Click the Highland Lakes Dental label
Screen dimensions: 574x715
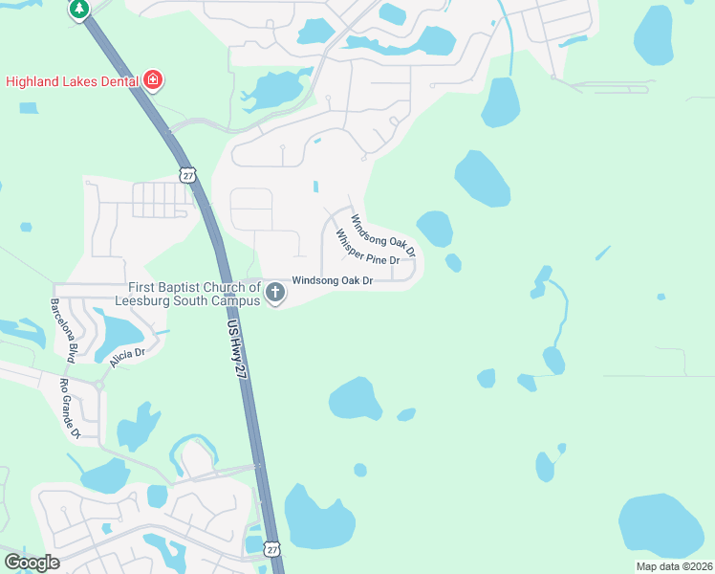pyautogui.click(x=73, y=81)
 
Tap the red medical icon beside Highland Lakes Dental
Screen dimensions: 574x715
pyautogui.click(x=153, y=80)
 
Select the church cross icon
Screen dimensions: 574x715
pyautogui.click(x=275, y=292)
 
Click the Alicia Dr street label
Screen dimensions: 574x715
pyautogui.click(x=126, y=354)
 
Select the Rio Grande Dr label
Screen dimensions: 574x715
pyautogui.click(x=70, y=408)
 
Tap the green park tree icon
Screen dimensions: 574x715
pyautogui.click(x=78, y=9)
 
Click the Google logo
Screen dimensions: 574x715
pyautogui.click(x=31, y=563)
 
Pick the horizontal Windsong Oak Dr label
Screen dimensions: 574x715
pyautogui.click(x=332, y=280)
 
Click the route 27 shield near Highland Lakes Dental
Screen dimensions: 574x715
pyautogui.click(x=185, y=173)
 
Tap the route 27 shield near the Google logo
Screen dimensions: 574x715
pyautogui.click(x=272, y=549)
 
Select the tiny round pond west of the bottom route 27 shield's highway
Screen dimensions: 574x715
pyautogui.click(x=359, y=470)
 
